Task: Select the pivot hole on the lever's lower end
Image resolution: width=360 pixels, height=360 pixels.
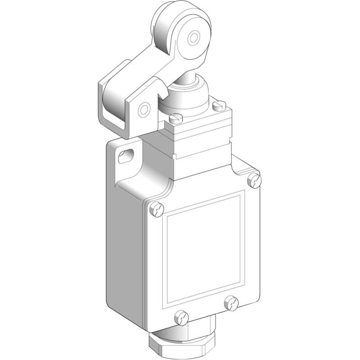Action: click(144, 109)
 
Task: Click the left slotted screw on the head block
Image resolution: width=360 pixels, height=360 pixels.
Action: click(175, 118)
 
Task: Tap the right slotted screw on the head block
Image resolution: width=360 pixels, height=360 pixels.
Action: click(219, 106)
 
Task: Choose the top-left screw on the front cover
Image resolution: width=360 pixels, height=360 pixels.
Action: click(156, 208)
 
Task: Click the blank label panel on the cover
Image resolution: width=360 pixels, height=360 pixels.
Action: click(205, 250)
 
